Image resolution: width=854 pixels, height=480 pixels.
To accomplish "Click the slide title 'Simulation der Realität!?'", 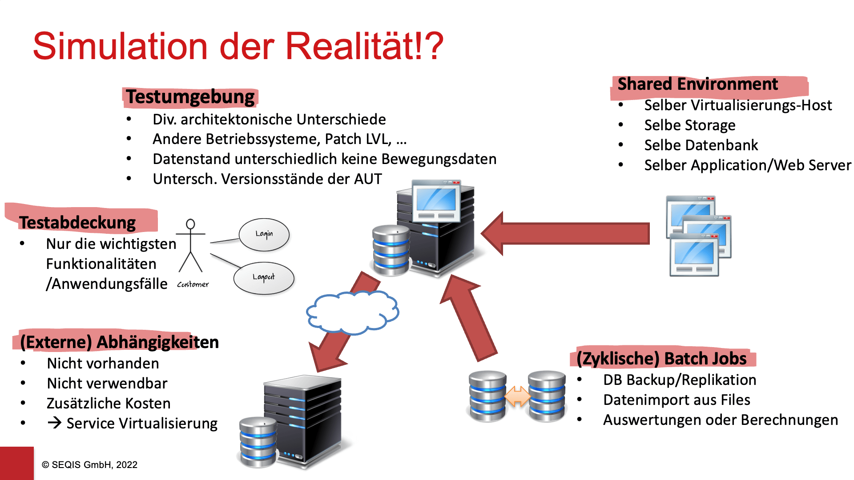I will [x=238, y=46].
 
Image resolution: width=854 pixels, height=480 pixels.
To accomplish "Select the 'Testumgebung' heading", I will [x=190, y=97].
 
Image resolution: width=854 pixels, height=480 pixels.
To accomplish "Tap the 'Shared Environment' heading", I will [x=697, y=84].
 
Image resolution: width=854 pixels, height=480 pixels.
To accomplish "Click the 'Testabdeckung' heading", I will [x=77, y=222].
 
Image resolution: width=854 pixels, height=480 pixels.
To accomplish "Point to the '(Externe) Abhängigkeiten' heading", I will [x=119, y=342].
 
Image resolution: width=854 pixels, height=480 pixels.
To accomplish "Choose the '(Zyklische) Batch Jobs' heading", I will [x=661, y=358].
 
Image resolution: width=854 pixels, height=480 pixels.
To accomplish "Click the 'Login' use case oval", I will [x=264, y=234].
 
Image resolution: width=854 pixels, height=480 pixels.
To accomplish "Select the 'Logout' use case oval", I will [x=264, y=278].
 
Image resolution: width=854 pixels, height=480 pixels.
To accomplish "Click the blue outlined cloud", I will [x=352, y=312].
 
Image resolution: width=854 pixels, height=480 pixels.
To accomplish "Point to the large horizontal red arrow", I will [x=565, y=233].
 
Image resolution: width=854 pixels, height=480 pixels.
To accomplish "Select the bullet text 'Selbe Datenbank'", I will [x=701, y=145].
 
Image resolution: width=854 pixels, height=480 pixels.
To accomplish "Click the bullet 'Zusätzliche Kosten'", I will [x=109, y=403].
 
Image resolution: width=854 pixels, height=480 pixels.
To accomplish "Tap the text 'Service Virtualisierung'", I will [x=141, y=423].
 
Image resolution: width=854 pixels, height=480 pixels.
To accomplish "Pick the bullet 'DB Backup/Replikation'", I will [x=679, y=380].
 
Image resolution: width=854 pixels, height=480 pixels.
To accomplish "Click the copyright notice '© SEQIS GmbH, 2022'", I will [x=89, y=464].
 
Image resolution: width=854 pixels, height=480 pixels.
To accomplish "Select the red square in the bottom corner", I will [x=16, y=463].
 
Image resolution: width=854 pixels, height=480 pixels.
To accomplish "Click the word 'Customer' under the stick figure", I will [x=193, y=284].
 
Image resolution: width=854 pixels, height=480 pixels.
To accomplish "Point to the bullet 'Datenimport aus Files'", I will [x=677, y=400].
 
